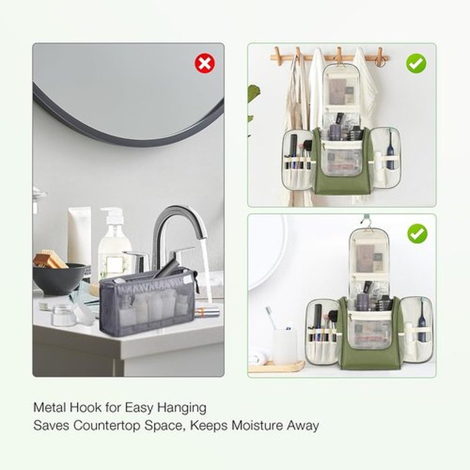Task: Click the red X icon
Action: (204, 63)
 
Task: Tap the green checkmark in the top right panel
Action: (416, 63)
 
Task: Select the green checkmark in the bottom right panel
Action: (417, 233)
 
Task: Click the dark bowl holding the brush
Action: (59, 278)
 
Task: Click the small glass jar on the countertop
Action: (63, 315)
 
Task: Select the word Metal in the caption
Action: (50, 407)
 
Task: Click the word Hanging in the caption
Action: (182, 408)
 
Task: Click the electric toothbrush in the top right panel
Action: (390, 150)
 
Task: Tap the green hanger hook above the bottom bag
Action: (366, 221)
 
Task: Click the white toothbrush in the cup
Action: (271, 318)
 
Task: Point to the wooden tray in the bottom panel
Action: (276, 367)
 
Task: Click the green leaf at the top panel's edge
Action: (253, 93)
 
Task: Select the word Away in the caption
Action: (303, 426)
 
